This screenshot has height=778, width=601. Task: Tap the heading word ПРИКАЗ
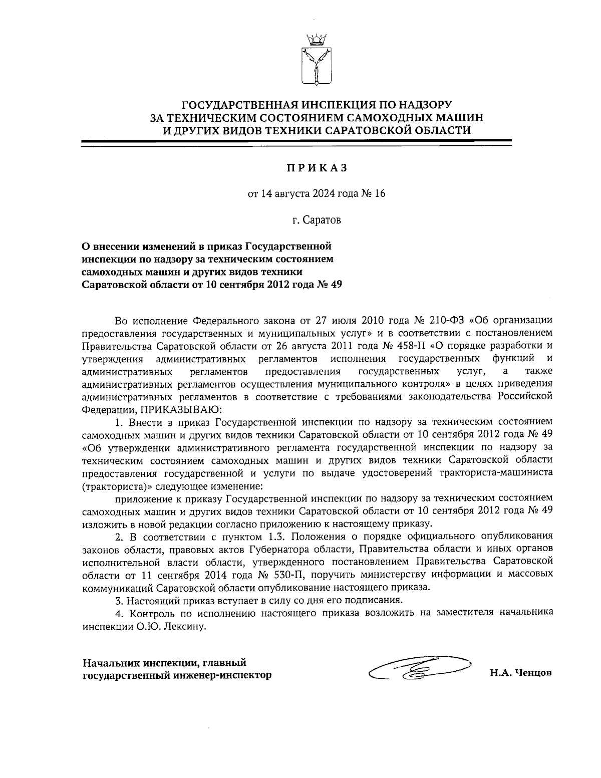(317, 168)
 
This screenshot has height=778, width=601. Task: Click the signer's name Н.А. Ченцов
(521, 674)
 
